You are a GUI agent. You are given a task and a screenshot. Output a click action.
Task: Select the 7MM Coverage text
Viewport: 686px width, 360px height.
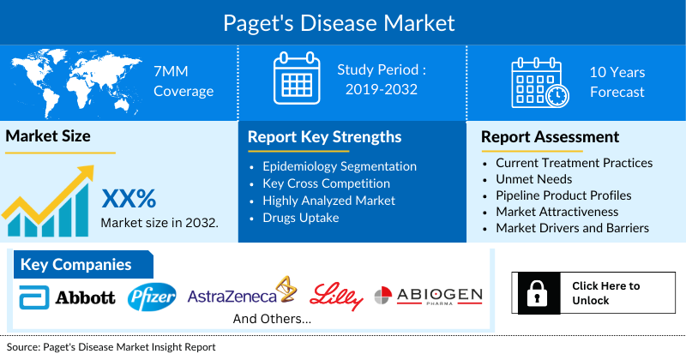pyautogui.click(x=183, y=81)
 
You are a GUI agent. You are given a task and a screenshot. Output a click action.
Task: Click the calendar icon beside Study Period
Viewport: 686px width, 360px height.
pyautogui.click(x=295, y=81)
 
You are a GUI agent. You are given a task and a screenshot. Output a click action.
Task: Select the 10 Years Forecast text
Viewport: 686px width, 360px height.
pyautogui.click(x=617, y=82)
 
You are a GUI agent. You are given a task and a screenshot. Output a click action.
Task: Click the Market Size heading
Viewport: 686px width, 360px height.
pyautogui.click(x=48, y=136)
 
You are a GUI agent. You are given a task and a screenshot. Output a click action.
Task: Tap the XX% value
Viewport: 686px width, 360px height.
pyautogui.click(x=129, y=199)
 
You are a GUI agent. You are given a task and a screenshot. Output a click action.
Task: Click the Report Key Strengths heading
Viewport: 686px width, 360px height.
pyautogui.click(x=324, y=137)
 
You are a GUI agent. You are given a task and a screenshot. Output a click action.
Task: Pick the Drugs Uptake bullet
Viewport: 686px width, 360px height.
pyautogui.click(x=302, y=218)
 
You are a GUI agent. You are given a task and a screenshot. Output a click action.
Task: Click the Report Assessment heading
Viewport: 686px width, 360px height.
pyautogui.click(x=550, y=137)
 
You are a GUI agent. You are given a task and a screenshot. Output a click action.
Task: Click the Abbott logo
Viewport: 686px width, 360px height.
pyautogui.click(x=68, y=297)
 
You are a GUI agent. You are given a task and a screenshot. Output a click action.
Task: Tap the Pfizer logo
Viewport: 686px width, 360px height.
pyautogui.click(x=152, y=297)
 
